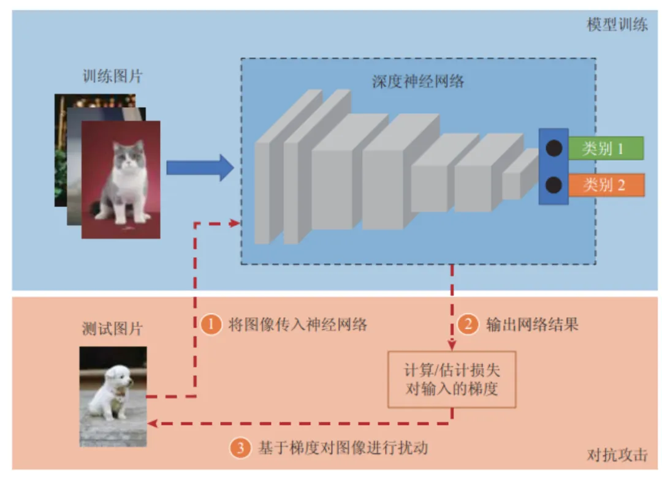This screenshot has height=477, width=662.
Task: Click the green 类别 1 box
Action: pyautogui.click(x=605, y=148)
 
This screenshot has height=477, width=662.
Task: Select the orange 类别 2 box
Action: pyautogui.click(x=605, y=185)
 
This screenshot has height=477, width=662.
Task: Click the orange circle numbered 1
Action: pyautogui.click(x=210, y=325)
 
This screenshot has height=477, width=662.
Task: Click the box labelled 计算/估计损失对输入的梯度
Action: pyautogui.click(x=452, y=380)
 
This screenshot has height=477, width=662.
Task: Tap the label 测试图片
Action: pyautogui.click(x=112, y=329)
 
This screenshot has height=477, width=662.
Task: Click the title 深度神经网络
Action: pyautogui.click(x=418, y=81)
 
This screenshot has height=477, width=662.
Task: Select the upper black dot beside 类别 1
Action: pyautogui.click(x=554, y=148)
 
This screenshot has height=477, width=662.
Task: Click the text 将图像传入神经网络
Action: pyautogui.click(x=298, y=325)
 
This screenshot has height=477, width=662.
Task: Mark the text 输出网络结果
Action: pyautogui.click(x=532, y=325)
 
